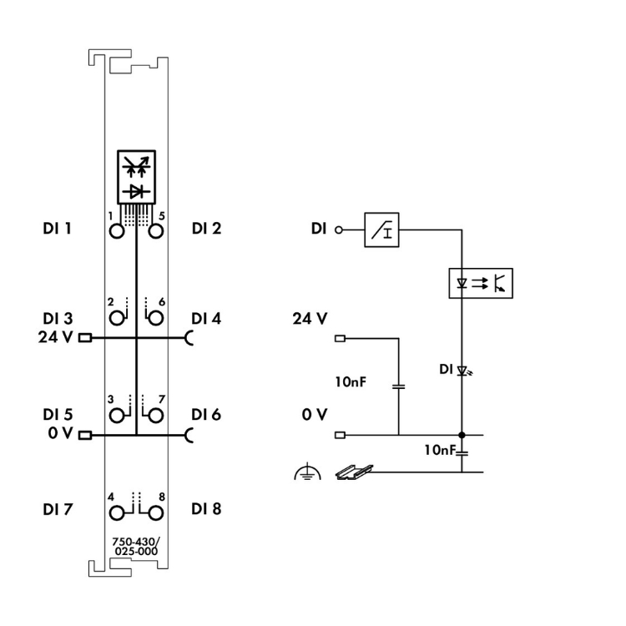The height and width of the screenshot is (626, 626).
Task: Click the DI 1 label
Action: (57, 227)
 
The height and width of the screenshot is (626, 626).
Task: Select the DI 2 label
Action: (206, 227)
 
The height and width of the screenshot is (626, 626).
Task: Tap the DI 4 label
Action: (206, 318)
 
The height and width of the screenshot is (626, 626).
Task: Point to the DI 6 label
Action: (206, 413)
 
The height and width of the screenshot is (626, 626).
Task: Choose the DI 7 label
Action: (57, 508)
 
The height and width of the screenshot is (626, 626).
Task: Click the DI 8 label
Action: (206, 508)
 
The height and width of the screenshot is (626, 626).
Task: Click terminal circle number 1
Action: (116, 232)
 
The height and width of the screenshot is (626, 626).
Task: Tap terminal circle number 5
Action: (154, 232)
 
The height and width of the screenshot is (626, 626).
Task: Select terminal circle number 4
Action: (116, 511)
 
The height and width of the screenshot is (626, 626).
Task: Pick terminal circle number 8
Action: (154, 511)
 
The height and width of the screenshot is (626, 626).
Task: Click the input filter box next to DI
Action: (383, 229)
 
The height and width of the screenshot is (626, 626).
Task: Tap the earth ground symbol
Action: (306, 473)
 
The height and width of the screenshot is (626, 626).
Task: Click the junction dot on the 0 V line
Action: (462, 435)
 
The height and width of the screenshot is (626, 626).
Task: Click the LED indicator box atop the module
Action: (135, 175)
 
